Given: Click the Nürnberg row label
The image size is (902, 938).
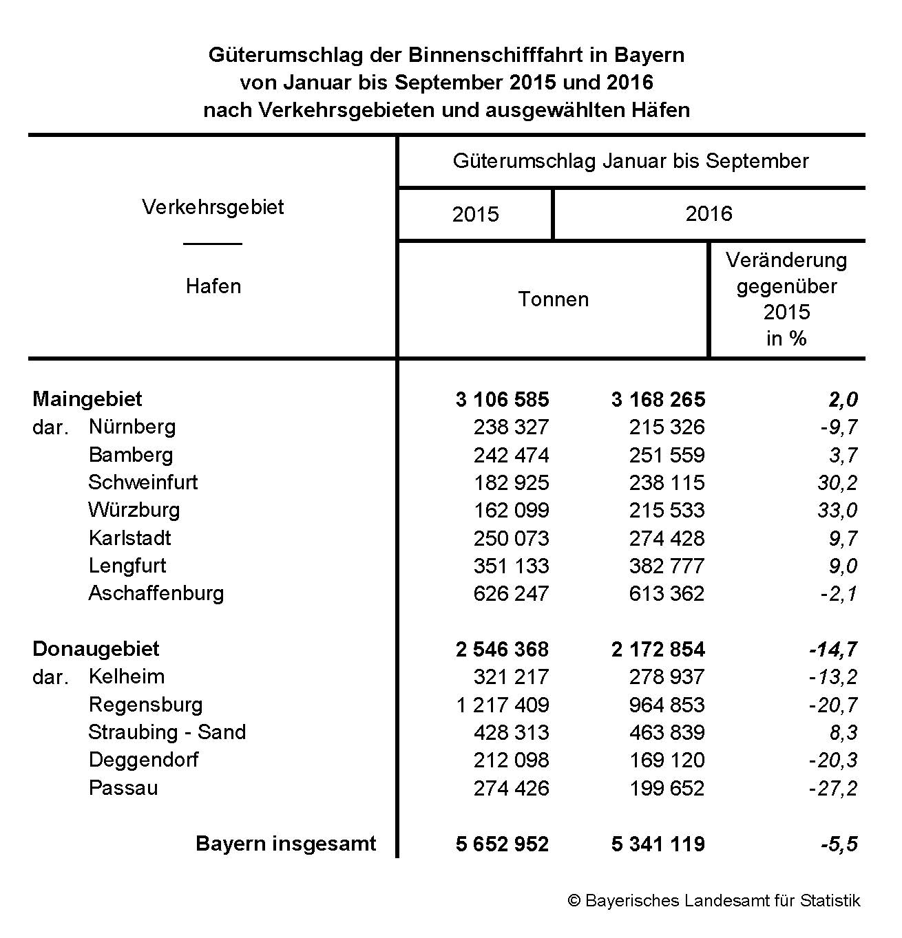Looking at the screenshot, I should click(x=132, y=427).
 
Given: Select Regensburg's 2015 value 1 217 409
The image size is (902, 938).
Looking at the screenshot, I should click(x=503, y=705).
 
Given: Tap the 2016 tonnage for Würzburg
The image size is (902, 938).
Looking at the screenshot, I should click(x=667, y=511).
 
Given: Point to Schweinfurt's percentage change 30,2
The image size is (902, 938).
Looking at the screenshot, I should click(x=837, y=483).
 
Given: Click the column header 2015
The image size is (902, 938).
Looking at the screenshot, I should click(x=475, y=215).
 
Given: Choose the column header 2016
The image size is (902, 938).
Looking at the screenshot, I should click(x=709, y=214).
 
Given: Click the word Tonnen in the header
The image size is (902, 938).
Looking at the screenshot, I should click(x=554, y=299).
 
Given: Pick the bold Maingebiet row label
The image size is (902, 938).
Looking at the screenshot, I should click(x=87, y=399).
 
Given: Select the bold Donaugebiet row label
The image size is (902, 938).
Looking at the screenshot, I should click(x=96, y=649).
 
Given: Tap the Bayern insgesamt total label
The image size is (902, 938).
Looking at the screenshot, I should click(x=286, y=844).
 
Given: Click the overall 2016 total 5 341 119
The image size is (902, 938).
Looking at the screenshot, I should click(x=658, y=844).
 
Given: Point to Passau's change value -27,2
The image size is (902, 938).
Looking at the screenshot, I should click(x=833, y=789).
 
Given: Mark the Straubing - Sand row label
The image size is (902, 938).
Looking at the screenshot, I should click(x=167, y=732).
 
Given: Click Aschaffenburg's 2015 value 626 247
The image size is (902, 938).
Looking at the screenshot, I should click(x=511, y=594).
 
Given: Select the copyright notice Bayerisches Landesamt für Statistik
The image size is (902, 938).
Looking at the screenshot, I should click(x=714, y=901).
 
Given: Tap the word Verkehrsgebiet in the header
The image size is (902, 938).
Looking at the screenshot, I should click(x=213, y=207).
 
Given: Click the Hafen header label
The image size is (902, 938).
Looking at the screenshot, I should click(x=213, y=286).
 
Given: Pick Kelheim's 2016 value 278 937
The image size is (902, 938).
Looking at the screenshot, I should click(x=667, y=677).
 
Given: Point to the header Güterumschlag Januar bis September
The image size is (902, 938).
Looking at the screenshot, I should click(x=631, y=161).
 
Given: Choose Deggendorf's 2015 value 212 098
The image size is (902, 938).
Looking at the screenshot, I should click(x=511, y=760).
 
